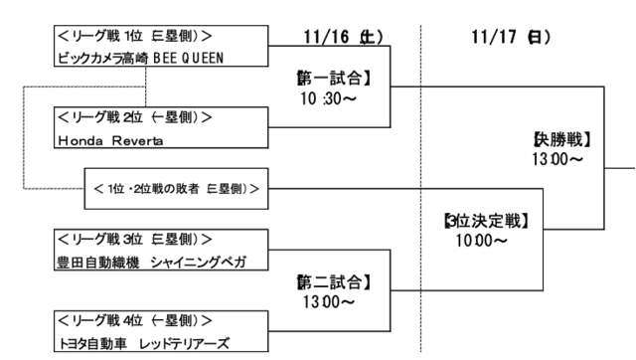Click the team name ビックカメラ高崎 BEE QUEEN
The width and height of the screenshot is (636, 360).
pos(146,57)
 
